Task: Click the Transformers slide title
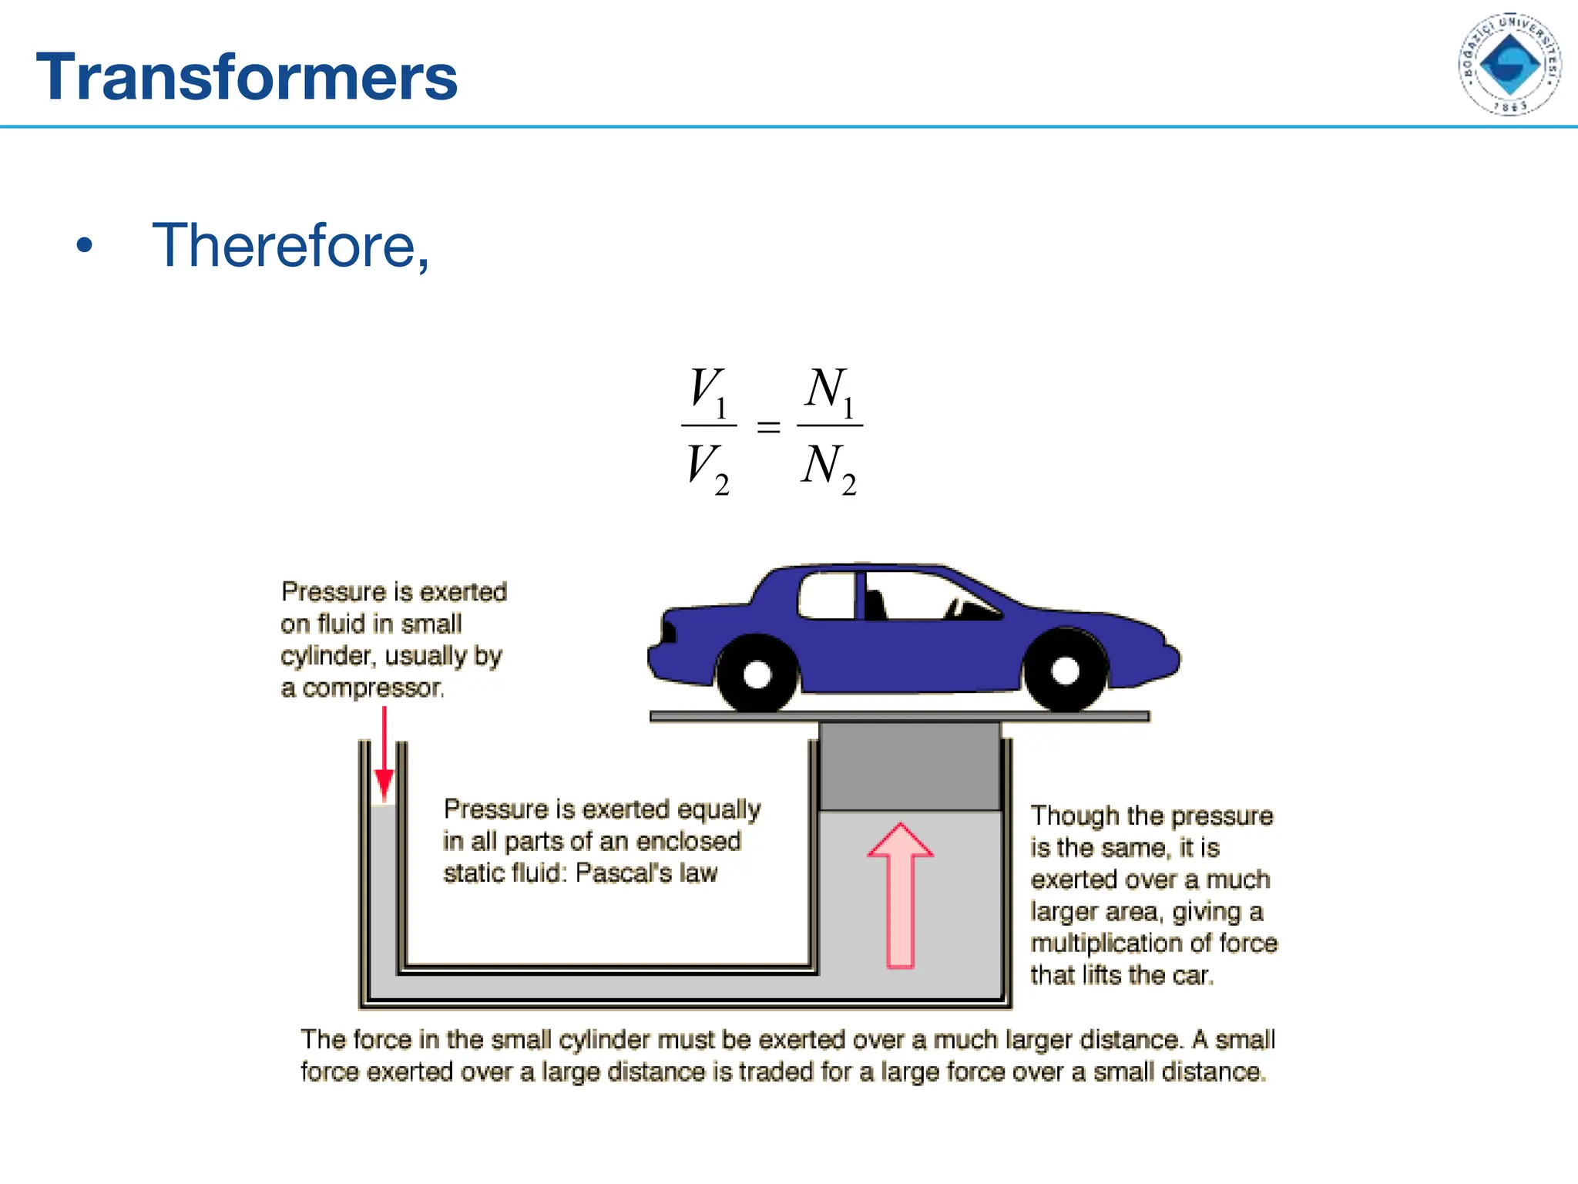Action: tap(247, 77)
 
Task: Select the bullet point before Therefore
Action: tap(84, 246)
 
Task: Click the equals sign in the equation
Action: tap(768, 427)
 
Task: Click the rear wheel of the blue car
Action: tap(757, 674)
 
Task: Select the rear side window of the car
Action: tap(827, 596)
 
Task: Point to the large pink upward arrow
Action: tap(900, 894)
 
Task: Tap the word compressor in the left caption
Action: tap(373, 688)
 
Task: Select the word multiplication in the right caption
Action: tap(1110, 943)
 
